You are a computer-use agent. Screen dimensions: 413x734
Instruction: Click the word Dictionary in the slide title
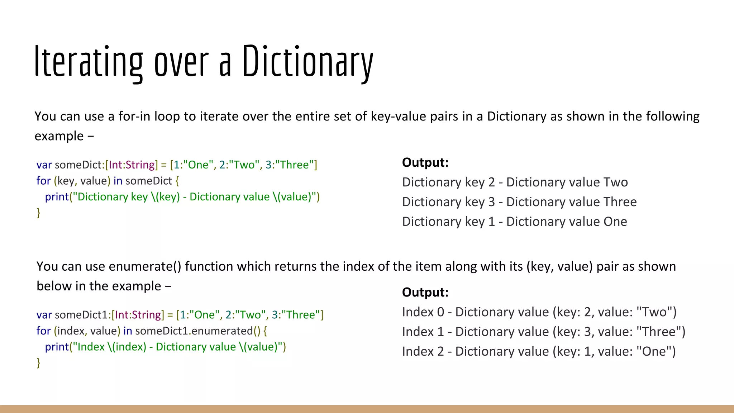click(x=308, y=62)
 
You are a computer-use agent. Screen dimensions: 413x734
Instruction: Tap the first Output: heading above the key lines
click(x=425, y=162)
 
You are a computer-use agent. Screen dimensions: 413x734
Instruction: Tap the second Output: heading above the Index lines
click(x=425, y=292)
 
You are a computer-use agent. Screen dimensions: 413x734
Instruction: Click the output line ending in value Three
click(x=519, y=202)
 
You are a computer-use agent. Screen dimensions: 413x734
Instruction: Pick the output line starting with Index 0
click(x=539, y=312)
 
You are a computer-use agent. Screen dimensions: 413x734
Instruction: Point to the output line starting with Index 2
click(x=539, y=351)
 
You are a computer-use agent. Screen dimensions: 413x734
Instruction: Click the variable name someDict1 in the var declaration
click(x=81, y=315)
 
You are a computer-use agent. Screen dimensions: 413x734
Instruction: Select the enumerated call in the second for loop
click(x=222, y=331)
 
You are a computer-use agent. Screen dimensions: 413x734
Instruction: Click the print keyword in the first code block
click(x=57, y=197)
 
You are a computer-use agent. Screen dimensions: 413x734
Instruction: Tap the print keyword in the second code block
click(x=57, y=347)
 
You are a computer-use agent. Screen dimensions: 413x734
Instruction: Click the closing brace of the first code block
click(x=38, y=213)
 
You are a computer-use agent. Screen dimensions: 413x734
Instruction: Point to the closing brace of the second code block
click(x=38, y=363)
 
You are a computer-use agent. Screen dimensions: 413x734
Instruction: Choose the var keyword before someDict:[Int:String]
click(x=44, y=165)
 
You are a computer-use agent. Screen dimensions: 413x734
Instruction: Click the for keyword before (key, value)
click(x=43, y=181)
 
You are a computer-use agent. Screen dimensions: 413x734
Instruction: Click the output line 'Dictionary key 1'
click(x=514, y=222)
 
